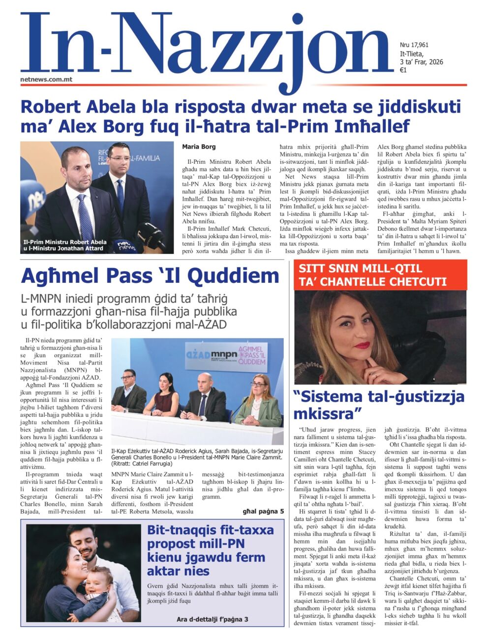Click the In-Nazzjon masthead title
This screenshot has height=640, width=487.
point(207,47)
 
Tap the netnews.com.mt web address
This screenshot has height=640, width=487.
point(46,79)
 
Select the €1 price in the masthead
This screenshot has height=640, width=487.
point(403,70)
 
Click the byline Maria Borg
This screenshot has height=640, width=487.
point(199,147)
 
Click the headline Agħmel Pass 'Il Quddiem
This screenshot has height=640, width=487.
point(150,276)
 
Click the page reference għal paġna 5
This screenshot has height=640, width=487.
point(263,512)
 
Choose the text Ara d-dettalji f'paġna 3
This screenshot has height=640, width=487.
point(213,619)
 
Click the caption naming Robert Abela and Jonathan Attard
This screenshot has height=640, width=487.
point(65,245)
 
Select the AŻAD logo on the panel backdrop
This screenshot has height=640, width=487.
point(198,355)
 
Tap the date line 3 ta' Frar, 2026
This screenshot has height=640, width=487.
point(422,62)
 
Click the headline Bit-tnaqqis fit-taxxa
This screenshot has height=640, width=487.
point(211,550)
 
